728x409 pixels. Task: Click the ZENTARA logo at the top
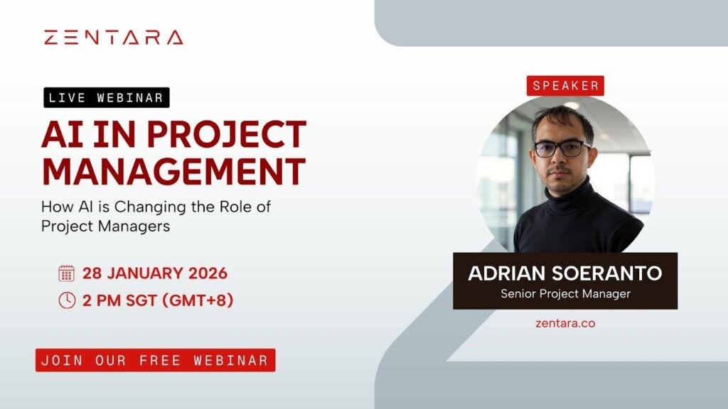(x=114, y=38)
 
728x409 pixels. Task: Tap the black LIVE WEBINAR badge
(x=107, y=97)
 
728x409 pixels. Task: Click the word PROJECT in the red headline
(x=227, y=134)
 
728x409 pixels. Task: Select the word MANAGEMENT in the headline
(x=173, y=171)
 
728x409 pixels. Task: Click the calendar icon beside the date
(x=66, y=273)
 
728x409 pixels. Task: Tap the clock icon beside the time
(x=67, y=300)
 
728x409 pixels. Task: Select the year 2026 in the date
(x=208, y=273)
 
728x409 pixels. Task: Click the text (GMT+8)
(x=198, y=300)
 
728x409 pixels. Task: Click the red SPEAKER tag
(x=565, y=86)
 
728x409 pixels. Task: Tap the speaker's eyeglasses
(x=562, y=148)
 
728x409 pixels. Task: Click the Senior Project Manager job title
(x=565, y=293)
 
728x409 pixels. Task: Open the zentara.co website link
(x=565, y=323)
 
